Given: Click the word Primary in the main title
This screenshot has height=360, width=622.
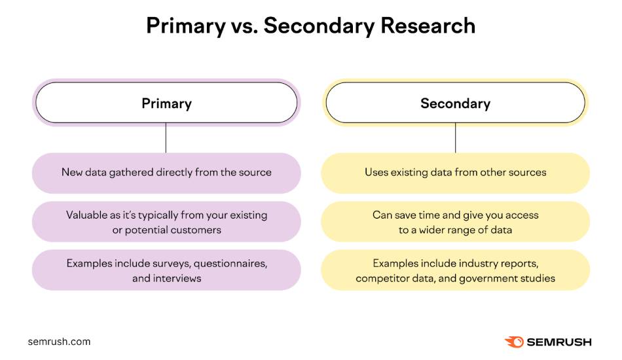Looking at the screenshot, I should click(x=185, y=26).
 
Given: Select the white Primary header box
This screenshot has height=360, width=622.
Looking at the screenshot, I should click(x=166, y=103).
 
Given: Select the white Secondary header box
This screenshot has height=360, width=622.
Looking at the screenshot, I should click(x=455, y=103).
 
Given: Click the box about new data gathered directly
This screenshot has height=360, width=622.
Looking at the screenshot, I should click(x=166, y=173).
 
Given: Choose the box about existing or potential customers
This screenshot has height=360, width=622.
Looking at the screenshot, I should click(x=166, y=222).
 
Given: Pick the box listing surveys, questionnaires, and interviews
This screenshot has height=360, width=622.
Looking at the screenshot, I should click(x=166, y=270).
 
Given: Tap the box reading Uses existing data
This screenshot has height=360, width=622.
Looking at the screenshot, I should click(x=455, y=173).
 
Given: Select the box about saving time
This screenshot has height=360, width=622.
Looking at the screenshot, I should click(x=455, y=222).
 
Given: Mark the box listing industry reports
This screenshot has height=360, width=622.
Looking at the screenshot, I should click(x=455, y=270).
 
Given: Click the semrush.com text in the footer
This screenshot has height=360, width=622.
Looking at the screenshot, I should click(x=59, y=342).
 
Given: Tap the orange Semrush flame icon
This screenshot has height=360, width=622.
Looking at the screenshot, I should click(x=514, y=342).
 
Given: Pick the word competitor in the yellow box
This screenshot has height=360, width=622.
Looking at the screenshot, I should click(x=382, y=278).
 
